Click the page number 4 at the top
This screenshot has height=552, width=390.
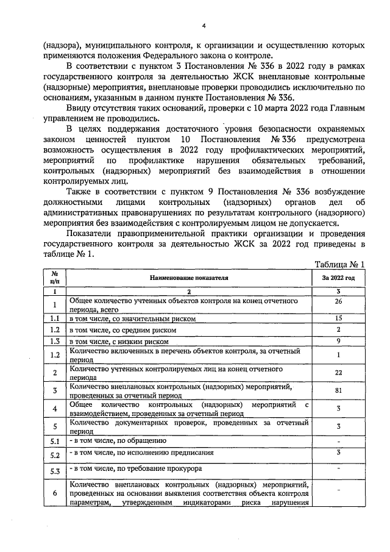(x=204, y=26)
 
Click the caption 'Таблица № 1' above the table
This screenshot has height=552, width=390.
(x=339, y=265)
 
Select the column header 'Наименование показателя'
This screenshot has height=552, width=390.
(x=189, y=278)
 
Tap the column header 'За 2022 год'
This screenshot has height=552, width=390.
(x=338, y=278)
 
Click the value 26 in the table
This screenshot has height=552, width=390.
(x=338, y=301)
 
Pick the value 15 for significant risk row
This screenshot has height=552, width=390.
(x=338, y=318)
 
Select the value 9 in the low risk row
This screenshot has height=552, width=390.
(x=338, y=340)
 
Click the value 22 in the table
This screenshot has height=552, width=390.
(x=338, y=373)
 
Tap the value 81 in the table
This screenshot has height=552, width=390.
(x=338, y=390)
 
